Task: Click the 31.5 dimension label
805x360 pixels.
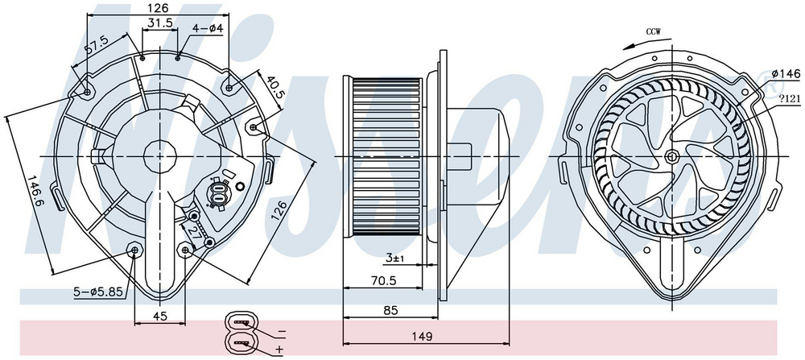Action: coord(159,23)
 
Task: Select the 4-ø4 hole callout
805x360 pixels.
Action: coord(208,28)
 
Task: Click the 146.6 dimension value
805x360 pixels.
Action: coord(35,191)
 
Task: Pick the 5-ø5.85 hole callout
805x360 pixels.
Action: coord(97,292)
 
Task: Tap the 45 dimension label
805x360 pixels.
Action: coord(160,317)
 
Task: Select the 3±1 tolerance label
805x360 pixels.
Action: coord(395,258)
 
